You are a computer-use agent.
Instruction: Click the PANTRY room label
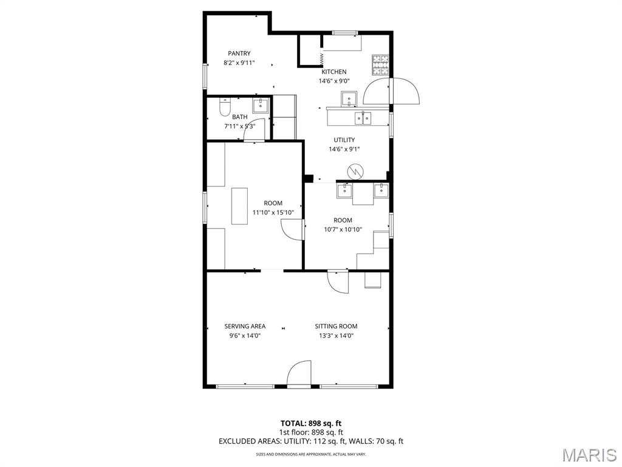pos(239,54)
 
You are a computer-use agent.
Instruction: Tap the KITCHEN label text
pos(333,72)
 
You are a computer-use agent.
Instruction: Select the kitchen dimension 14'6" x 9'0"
pos(333,81)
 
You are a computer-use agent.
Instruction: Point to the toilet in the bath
pos(224,108)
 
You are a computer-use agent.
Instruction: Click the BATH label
pos(239,117)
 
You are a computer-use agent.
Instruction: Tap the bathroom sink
pos(261,105)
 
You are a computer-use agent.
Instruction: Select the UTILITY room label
pos(344,140)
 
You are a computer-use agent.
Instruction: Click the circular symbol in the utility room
pos(354,172)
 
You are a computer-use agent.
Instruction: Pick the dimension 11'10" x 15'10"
pos(273,212)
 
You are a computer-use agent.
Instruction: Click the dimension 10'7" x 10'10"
pos(343,229)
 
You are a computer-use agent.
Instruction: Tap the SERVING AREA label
pos(245,326)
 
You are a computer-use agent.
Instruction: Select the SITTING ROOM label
pos(336,326)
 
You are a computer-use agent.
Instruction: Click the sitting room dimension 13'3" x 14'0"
pos(336,335)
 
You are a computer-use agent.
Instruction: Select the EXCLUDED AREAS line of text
pos(311,441)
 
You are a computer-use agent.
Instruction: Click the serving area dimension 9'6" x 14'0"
pos(245,335)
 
